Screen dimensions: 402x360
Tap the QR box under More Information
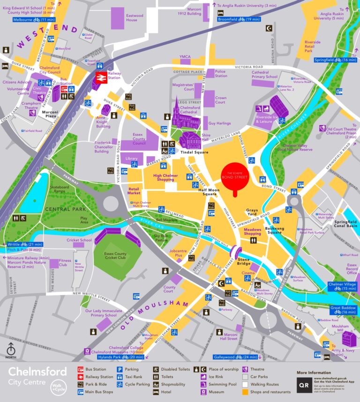coord(303,385)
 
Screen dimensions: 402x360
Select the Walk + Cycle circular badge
coord(58,387)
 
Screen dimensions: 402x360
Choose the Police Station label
coord(221,73)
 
